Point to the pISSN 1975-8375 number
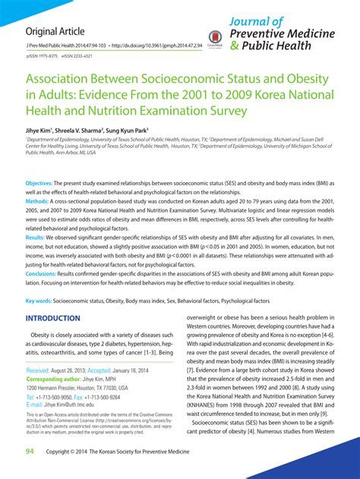(x=44, y=56)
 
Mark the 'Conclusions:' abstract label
(x=42, y=272)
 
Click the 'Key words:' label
(x=39, y=301)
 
